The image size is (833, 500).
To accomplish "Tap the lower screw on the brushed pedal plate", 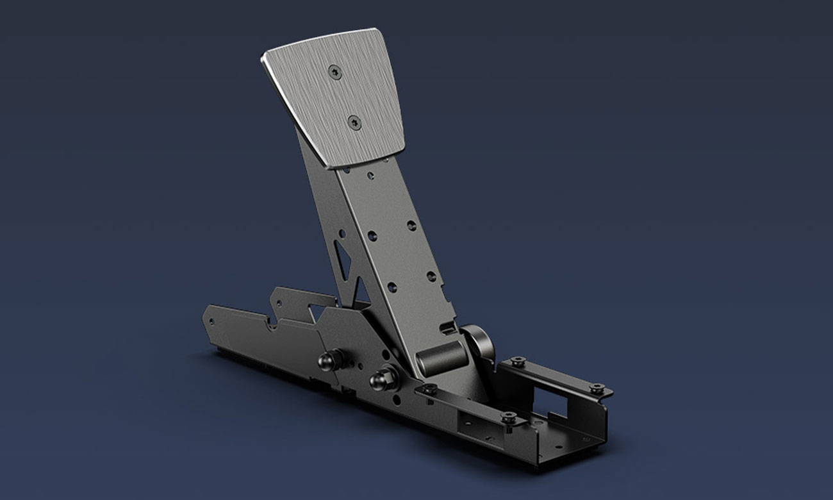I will pyautogui.click(x=353, y=121).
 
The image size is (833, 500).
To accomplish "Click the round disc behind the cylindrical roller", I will pyautogui.click(x=479, y=343).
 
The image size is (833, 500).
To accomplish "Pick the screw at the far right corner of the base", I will pyautogui.click(x=596, y=388).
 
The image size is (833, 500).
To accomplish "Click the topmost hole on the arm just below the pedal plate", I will pyautogui.click(x=370, y=173).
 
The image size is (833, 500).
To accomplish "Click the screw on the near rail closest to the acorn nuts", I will pyautogui.click(x=428, y=388).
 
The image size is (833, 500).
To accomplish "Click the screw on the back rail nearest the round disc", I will pyautogui.click(x=517, y=362).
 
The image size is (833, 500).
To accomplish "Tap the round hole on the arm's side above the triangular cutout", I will pyautogui.click(x=342, y=233).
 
